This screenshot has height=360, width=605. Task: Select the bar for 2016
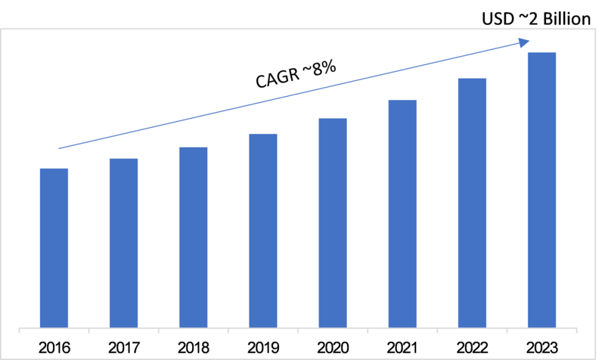pos(54,248)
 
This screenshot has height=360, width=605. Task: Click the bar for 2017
pos(123,244)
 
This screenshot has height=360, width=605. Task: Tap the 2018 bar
pos(193,237)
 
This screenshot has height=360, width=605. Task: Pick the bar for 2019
pos(262,231)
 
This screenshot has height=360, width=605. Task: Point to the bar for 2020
pos(333,223)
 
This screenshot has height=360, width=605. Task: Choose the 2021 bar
pos(402,214)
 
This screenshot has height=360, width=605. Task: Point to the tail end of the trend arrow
pos(60,147)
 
